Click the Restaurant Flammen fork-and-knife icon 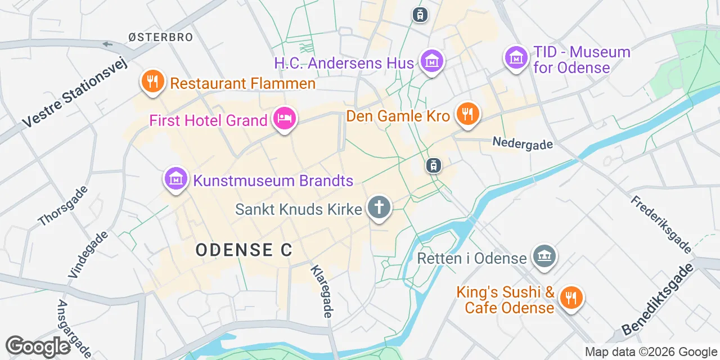152,82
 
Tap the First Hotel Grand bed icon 285,119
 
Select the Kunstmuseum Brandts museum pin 175,179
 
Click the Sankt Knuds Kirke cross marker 379,208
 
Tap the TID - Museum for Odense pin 515,57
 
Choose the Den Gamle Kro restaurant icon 467,114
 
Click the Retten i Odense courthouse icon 544,256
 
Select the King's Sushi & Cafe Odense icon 571,298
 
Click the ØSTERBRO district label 160,38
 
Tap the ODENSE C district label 244,250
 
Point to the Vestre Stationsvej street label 75,93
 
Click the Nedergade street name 523,143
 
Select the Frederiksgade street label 661,224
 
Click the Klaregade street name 321,291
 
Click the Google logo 38,346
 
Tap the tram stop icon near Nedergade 434,165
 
